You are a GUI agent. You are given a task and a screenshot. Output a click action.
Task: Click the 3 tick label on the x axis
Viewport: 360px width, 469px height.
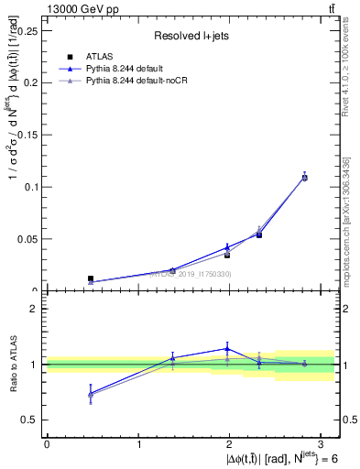pos(324,443)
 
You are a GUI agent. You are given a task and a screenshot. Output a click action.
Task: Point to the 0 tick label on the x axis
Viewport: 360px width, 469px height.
pos(47,443)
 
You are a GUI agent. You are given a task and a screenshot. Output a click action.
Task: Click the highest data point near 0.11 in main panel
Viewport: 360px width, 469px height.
pos(305,177)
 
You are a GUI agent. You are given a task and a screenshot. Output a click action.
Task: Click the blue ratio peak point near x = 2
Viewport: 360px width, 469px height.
pos(226,348)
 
